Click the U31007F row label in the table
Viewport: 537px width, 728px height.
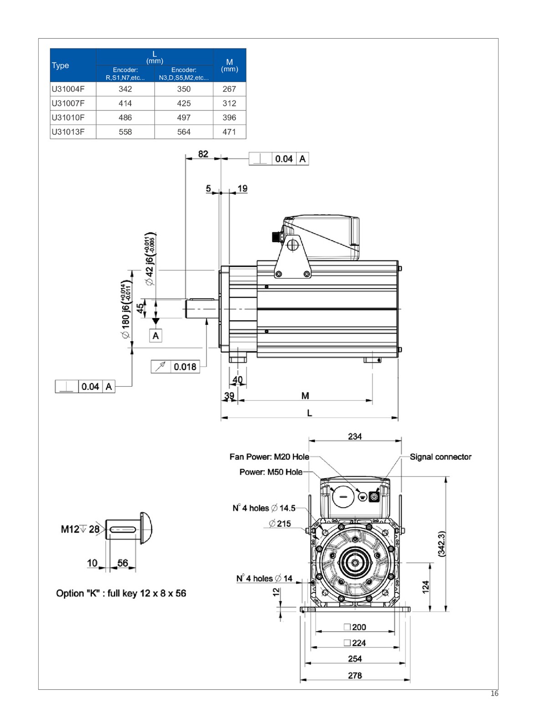point(68,103)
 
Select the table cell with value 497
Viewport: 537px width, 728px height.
point(184,117)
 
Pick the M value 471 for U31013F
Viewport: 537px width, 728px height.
point(229,132)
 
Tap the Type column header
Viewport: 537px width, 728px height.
point(61,65)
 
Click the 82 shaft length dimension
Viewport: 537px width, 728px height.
point(203,154)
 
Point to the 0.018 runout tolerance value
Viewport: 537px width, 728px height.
point(185,367)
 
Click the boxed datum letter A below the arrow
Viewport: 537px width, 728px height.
point(156,336)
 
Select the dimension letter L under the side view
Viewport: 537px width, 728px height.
point(310,413)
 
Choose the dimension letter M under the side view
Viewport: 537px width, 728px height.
point(305,396)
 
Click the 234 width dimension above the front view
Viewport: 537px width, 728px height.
point(355,436)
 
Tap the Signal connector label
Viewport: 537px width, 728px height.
point(440,457)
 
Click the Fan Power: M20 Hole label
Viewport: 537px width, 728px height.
point(269,457)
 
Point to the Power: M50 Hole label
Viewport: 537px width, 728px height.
point(271,472)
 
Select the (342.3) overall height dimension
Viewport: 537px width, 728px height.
point(441,544)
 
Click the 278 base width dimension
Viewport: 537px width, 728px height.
point(355,675)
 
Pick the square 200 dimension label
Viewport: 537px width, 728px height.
point(355,627)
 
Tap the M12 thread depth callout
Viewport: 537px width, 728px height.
point(80,529)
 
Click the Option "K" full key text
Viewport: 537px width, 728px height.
point(121,593)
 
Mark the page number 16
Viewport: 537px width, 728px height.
point(495,694)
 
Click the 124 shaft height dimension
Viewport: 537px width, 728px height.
point(425,587)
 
